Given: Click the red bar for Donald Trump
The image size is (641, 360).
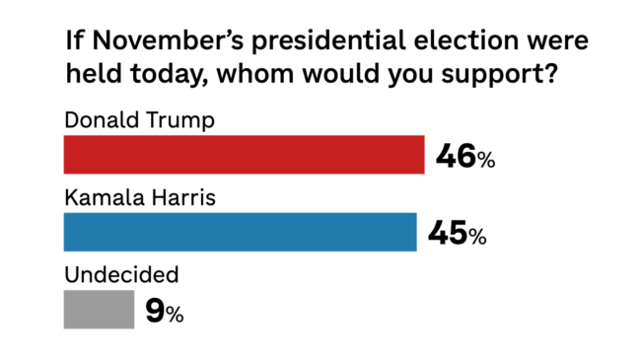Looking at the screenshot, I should click(244, 156).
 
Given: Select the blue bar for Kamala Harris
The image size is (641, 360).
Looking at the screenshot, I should click(240, 232).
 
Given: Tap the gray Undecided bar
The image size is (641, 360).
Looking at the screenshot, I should click(99, 310).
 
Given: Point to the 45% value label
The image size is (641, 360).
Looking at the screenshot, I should click(457, 235).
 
